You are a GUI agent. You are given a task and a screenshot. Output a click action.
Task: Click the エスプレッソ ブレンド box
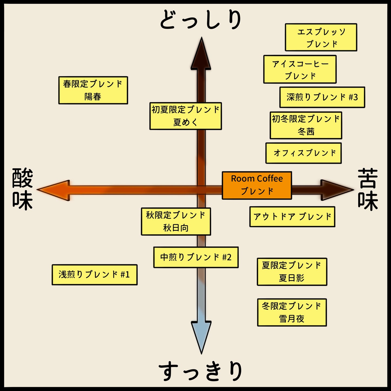(321, 37)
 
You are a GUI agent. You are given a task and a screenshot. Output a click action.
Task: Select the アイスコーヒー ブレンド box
(300, 69)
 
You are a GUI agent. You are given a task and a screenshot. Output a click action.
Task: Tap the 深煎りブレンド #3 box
(322, 97)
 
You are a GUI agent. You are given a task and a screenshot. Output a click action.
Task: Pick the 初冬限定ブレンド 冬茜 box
(306, 125)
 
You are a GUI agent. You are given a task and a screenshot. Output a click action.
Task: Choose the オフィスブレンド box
(304, 153)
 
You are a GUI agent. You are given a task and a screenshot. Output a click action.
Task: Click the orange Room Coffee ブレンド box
(257, 185)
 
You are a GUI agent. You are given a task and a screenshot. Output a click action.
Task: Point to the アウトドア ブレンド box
(292, 217)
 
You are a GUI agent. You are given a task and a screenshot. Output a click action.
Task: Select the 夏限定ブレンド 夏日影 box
(292, 272)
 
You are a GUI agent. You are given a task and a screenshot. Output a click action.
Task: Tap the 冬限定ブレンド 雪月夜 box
(292, 313)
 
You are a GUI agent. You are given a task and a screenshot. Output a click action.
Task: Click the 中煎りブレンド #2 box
(196, 257)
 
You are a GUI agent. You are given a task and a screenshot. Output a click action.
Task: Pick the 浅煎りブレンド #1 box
(94, 275)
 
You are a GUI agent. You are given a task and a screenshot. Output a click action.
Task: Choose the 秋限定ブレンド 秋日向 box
(176, 222)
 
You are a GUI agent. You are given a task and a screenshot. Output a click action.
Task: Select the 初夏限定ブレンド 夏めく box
(186, 116)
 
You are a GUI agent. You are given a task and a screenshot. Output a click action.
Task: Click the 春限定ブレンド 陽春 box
(93, 90)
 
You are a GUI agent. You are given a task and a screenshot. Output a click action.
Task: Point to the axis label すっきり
(201, 371)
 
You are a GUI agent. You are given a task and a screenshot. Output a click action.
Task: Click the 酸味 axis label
(22, 189)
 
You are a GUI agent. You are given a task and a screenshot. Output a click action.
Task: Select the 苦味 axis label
(368, 189)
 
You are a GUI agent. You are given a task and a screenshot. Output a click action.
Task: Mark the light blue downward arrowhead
(201, 336)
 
